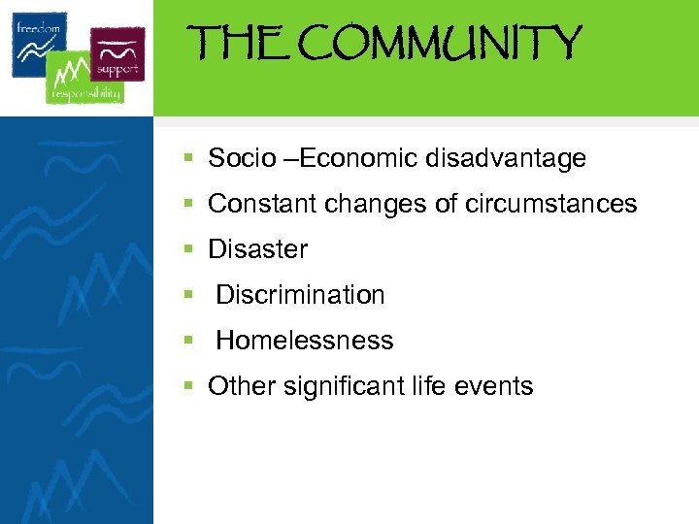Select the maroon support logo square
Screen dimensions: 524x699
[117, 51]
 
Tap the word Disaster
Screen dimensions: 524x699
[258, 249]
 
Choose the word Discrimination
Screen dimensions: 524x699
[300, 295]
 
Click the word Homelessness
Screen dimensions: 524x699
[305, 341]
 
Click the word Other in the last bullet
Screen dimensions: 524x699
[242, 386]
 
